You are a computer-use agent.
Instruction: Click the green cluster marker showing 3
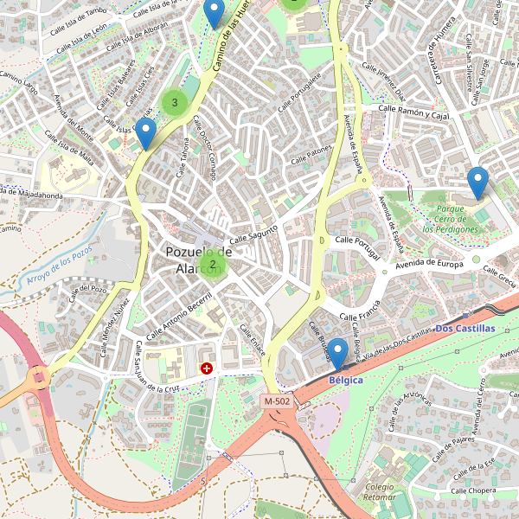175,103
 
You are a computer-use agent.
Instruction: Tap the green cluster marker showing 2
212,264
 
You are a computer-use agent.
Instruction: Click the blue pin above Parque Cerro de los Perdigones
477,183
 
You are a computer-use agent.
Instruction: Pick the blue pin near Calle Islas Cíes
146,133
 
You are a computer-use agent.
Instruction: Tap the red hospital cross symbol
207,368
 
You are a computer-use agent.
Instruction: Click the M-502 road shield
278,402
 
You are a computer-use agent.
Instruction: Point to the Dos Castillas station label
465,329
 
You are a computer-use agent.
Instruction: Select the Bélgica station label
346,381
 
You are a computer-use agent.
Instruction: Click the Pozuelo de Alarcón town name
198,260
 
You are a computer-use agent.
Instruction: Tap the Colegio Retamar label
380,492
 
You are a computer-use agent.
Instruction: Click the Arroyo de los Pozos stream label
58,266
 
